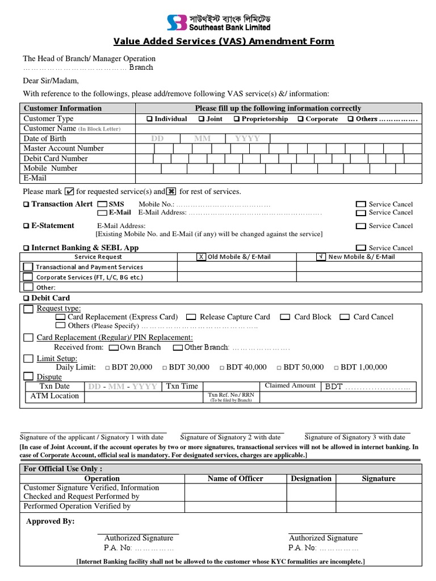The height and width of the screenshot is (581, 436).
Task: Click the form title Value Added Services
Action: pyautogui.click(x=224, y=41)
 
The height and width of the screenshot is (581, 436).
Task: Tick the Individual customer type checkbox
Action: pyautogui.click(x=149, y=119)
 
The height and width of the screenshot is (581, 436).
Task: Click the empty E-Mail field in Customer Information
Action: pyautogui.click(x=278, y=178)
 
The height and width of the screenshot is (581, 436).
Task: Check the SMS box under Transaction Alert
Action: pyautogui.click(x=102, y=204)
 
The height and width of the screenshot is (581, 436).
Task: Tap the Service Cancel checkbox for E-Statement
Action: pyautogui.click(x=360, y=226)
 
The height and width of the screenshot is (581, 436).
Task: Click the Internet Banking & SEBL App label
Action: pyautogui.click(x=85, y=248)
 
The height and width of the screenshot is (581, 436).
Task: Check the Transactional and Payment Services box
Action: pyautogui.click(x=28, y=267)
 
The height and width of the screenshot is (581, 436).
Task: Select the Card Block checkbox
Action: pyautogui.click(x=285, y=317)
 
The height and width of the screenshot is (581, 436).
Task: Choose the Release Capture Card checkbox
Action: pyautogui.click(x=191, y=317)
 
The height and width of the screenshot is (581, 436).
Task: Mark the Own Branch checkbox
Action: pyautogui.click(x=114, y=347)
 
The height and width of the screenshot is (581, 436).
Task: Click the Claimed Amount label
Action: pyautogui.click(x=290, y=386)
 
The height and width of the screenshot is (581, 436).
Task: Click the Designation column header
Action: pyautogui.click(x=311, y=478)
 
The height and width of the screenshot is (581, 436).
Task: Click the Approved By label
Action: pyautogui.click(x=51, y=521)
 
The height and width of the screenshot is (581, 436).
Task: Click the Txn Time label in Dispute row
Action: pyautogui.click(x=182, y=386)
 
